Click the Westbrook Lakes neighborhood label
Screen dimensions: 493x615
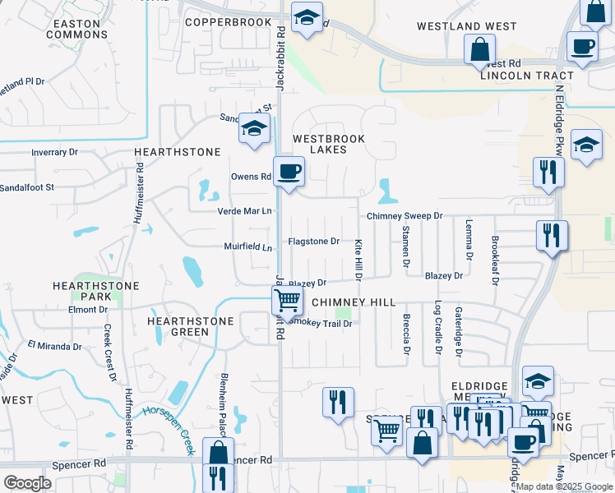click(x=329, y=144)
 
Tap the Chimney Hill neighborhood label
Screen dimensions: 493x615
click(x=348, y=302)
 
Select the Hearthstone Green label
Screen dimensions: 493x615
click(x=178, y=326)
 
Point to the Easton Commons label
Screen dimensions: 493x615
click(x=76, y=29)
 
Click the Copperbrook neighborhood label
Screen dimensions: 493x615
click(x=228, y=22)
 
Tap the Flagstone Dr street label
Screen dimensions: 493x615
click(x=313, y=242)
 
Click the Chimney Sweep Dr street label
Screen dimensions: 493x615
click(x=405, y=216)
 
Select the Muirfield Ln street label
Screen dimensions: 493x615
click(x=247, y=246)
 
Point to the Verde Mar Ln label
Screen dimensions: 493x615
click(x=244, y=211)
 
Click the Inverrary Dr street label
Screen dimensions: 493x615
click(x=54, y=152)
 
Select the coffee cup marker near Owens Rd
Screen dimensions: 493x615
click(x=289, y=172)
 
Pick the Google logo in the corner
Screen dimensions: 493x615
click(x=27, y=483)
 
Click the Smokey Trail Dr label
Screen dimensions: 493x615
click(x=323, y=324)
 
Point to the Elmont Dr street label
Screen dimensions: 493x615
click(x=83, y=310)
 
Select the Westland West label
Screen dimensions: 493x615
click(x=466, y=26)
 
